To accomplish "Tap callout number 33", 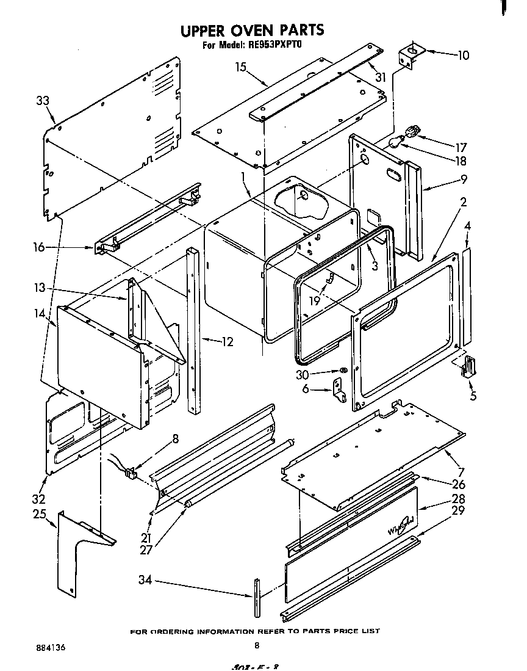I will pos(43,101).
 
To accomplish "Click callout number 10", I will pos(463,56).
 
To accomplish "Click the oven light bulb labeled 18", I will pos(396,142).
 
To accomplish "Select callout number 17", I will pos(461,147).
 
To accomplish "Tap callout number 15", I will pos(241,67).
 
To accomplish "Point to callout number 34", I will pos(145,580).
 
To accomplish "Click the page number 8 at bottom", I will pos(257,645).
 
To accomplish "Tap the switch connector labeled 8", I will pos(129,471).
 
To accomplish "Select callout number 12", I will pos(226,342).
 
